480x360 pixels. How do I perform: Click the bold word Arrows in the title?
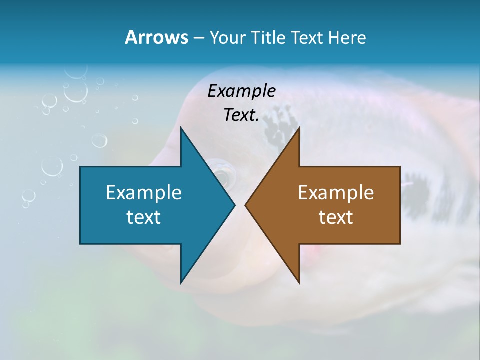[x=156, y=37]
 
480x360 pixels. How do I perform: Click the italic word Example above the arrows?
[x=242, y=91]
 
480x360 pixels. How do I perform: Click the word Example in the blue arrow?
[x=144, y=193]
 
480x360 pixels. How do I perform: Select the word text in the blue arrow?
[x=144, y=217]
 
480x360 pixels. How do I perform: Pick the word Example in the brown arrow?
[x=336, y=193]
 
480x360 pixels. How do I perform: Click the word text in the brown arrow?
[x=336, y=217]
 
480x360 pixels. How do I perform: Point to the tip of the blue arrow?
[x=234, y=205]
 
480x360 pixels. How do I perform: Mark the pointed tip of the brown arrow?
[x=245, y=205]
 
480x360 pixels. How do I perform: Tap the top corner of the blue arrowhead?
[x=181, y=128]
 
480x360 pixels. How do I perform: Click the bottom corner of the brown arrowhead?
[x=299, y=283]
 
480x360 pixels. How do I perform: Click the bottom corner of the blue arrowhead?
[x=181, y=283]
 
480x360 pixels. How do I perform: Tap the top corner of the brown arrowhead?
[x=299, y=128]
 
